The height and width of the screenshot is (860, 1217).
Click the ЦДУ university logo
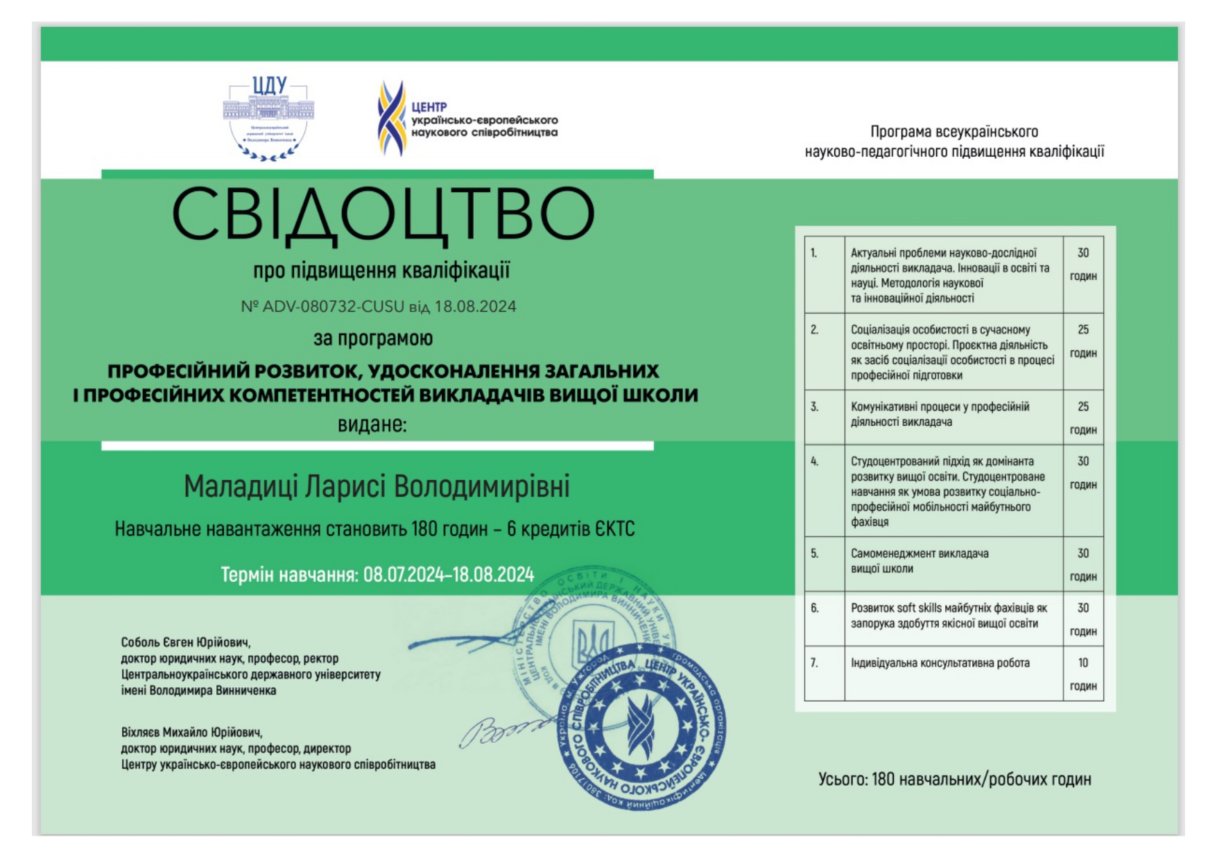pyautogui.click(x=268, y=118)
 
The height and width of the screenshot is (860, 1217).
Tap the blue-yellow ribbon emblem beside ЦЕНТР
pyautogui.click(x=391, y=118)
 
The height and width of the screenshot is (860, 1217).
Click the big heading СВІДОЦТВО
pyautogui.click(x=383, y=214)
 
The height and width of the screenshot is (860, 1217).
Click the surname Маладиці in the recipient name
pyautogui.click(x=241, y=487)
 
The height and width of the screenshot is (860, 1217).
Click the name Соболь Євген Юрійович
pyautogui.click(x=185, y=642)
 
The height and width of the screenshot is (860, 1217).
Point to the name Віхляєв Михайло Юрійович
pyautogui.click(x=191, y=732)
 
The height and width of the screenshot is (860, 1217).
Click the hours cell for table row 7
pyautogui.click(x=1082, y=673)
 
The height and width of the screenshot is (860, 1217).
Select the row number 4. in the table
pyautogui.click(x=815, y=461)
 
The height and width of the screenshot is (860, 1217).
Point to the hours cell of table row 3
pyautogui.click(x=1082, y=418)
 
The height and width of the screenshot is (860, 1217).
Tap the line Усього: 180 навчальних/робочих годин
pyautogui.click(x=954, y=780)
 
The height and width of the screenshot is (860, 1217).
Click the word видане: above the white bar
pyautogui.click(x=372, y=424)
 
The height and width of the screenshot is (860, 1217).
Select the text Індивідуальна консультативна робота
pyautogui.click(x=940, y=663)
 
